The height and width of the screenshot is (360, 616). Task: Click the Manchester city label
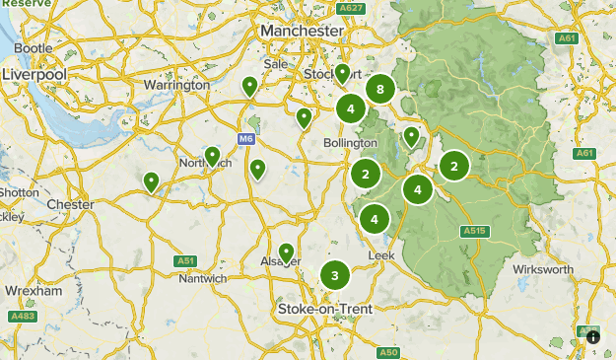click(302, 32)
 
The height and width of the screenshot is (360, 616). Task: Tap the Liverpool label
click(34, 75)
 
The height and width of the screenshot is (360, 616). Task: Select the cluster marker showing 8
click(379, 90)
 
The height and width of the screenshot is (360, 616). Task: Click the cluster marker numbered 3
click(335, 275)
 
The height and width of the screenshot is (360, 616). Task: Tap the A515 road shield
click(475, 231)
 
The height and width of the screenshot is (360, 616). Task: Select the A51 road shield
click(185, 260)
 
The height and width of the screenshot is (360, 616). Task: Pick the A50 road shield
click(388, 352)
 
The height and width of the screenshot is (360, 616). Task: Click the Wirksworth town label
click(542, 269)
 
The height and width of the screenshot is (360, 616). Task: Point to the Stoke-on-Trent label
click(325, 310)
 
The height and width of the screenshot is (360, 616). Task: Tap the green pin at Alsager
click(287, 252)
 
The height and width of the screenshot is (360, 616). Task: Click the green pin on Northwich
click(212, 156)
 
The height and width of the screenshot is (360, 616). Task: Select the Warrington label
click(178, 85)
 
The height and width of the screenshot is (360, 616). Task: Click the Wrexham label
click(34, 292)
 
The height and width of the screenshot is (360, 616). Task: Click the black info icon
click(593, 337)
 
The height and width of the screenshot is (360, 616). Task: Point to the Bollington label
click(350, 143)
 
